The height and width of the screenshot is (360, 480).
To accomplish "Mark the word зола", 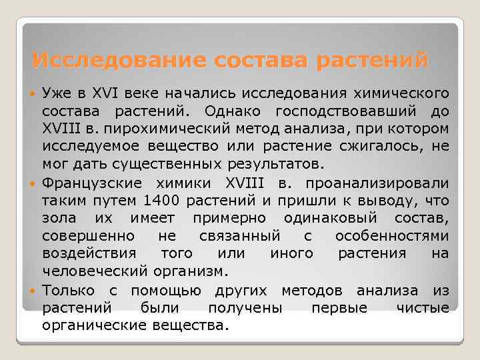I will pos(59,218).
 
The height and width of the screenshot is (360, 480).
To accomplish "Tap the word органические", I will pos(90,326).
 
